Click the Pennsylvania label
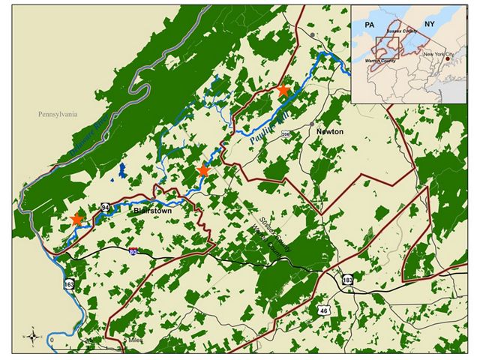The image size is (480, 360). [x=59, y=115]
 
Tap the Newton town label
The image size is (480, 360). [x=330, y=131]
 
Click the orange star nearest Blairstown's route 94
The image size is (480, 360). [x=76, y=219]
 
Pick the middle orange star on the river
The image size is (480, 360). [x=202, y=171]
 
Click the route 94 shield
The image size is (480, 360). [x=106, y=207]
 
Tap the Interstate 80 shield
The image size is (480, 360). [x=133, y=253]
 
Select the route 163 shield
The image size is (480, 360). [x=70, y=285]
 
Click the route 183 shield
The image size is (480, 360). [x=347, y=279]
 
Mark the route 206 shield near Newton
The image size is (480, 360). [x=285, y=134]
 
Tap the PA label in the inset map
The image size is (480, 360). [x=368, y=25]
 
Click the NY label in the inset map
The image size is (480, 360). [x=429, y=25]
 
